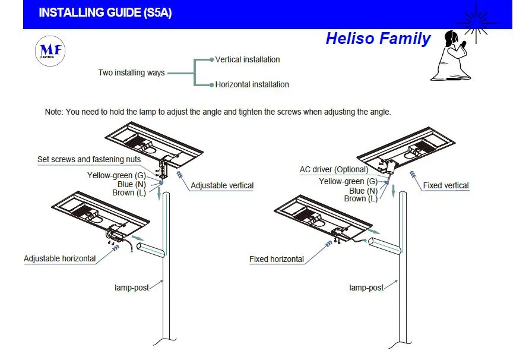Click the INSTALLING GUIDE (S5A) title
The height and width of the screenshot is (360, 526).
(105, 12)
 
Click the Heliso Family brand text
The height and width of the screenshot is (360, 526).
(378, 39)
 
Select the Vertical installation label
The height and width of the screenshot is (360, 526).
(247, 59)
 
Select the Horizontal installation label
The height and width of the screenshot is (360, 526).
(252, 84)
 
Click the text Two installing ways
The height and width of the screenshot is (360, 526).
(131, 72)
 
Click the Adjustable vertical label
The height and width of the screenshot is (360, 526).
(222, 185)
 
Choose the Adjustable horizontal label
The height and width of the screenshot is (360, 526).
(59, 258)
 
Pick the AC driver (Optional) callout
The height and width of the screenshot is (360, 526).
(334, 170)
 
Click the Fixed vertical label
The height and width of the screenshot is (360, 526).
(445, 185)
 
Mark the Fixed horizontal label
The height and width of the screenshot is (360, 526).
(277, 259)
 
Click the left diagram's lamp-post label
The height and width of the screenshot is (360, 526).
(131, 288)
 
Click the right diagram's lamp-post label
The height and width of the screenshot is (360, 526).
(366, 288)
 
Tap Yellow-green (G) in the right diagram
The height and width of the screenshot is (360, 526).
(348, 181)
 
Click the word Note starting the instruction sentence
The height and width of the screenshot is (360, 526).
(53, 112)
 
